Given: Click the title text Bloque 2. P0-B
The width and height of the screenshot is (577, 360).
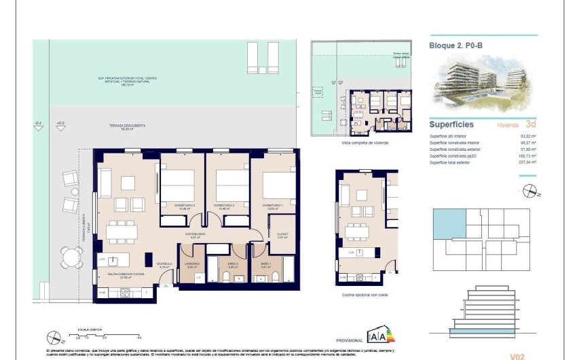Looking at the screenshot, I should click(x=455, y=46).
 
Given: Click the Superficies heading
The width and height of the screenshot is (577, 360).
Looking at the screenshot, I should click(x=451, y=125).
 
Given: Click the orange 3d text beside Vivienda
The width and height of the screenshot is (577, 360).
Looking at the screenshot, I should click(x=531, y=125).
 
